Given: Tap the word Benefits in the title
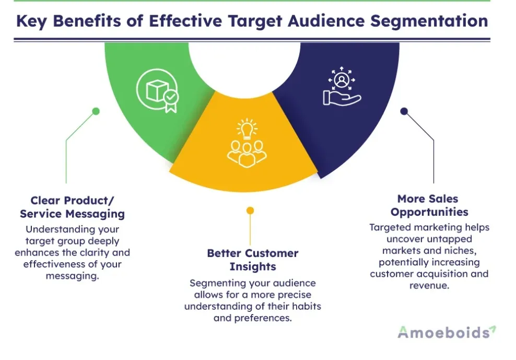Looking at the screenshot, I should click(98, 21).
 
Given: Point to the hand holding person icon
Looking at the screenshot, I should click(342, 87).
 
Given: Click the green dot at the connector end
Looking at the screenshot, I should click(96, 111).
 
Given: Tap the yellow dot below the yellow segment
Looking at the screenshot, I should click(250, 211).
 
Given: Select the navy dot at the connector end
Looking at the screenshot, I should click(403, 111).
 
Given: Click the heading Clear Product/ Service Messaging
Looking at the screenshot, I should click(72, 207).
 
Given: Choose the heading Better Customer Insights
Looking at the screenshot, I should click(253, 260).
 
